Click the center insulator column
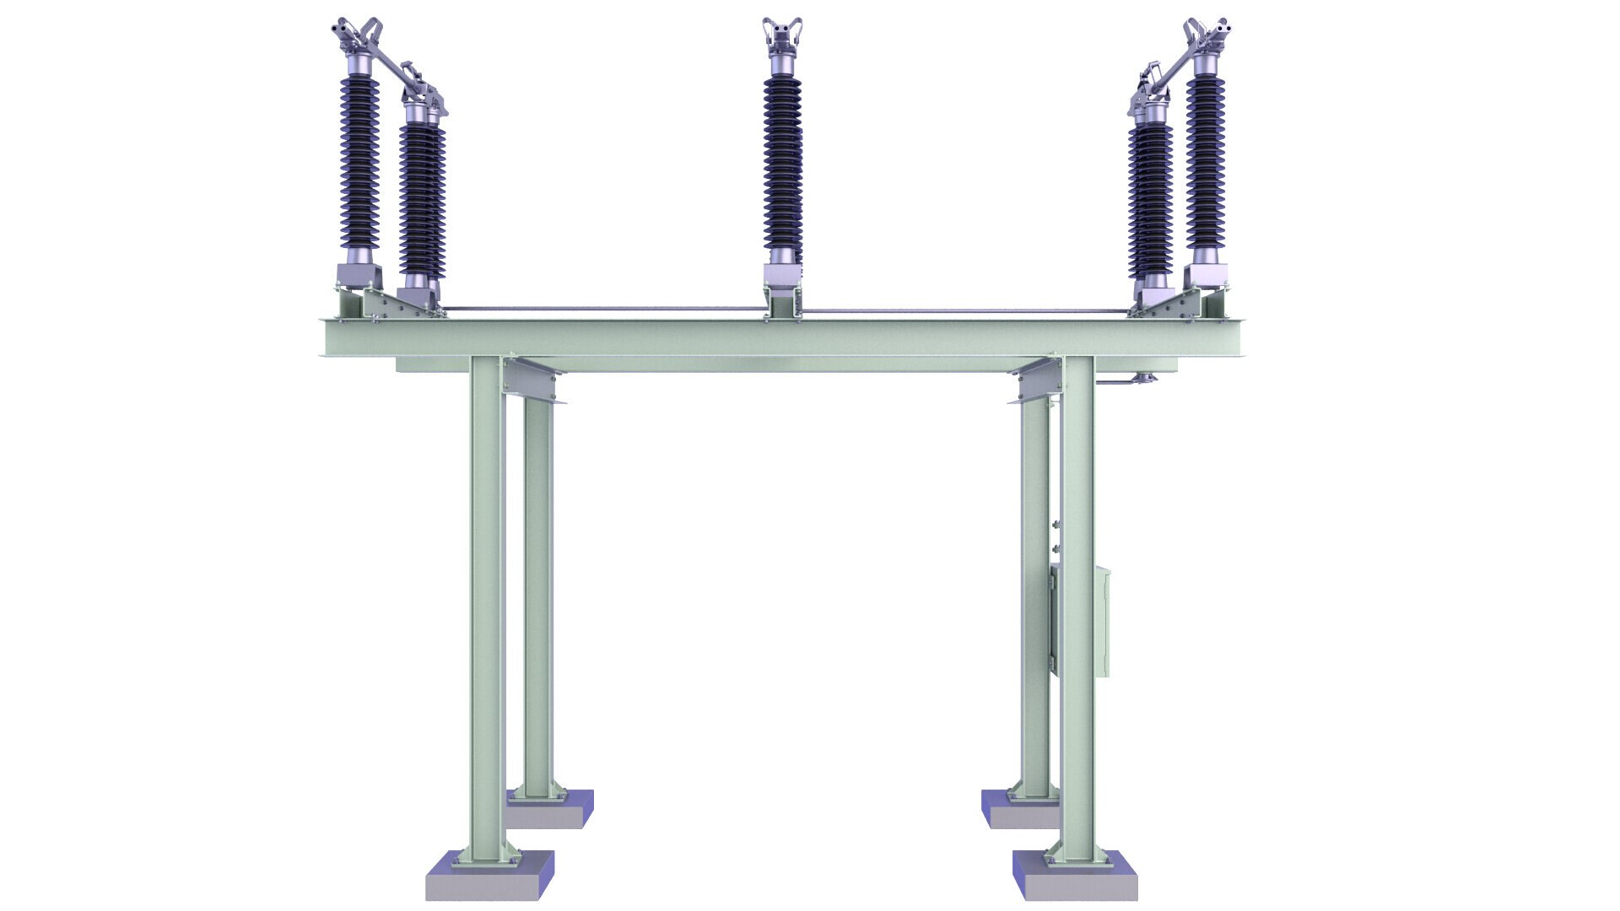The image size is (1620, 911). click(x=782, y=160)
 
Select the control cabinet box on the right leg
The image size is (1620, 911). click(x=1100, y=622)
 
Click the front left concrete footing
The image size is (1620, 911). click(x=489, y=877)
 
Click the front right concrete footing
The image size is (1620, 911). click(x=1075, y=877)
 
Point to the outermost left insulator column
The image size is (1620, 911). click(x=359, y=160)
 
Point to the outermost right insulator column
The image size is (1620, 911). click(x=1204, y=160)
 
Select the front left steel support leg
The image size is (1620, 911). click(x=487, y=607)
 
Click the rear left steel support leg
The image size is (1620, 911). click(x=537, y=590)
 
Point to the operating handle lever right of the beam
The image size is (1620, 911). click(x=1122, y=385)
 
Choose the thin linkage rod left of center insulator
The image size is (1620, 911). click(x=603, y=309)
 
